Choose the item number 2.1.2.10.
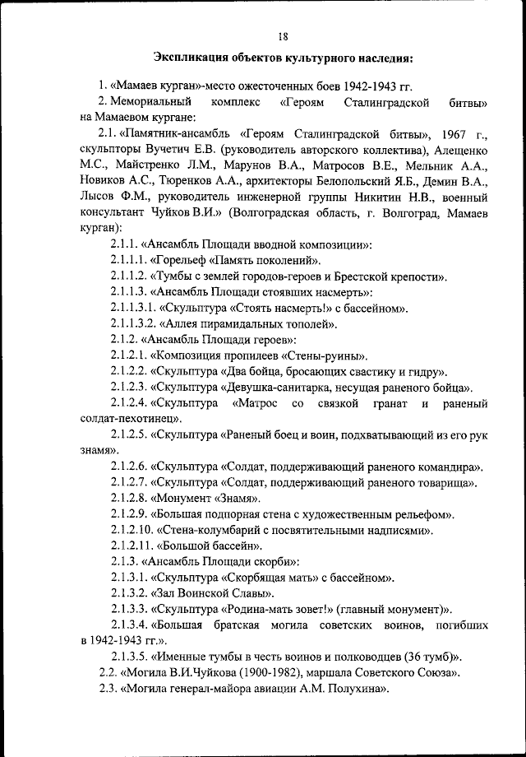[131, 531]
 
